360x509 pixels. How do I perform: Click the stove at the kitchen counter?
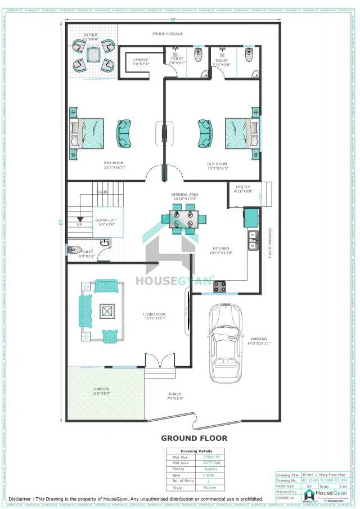coord(219,286)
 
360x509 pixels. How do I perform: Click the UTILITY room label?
coord(243,189)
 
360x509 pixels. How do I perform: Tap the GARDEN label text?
coord(101,391)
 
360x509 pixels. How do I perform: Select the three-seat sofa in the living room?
coord(86,310)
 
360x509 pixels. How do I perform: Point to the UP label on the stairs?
coord(79,224)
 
